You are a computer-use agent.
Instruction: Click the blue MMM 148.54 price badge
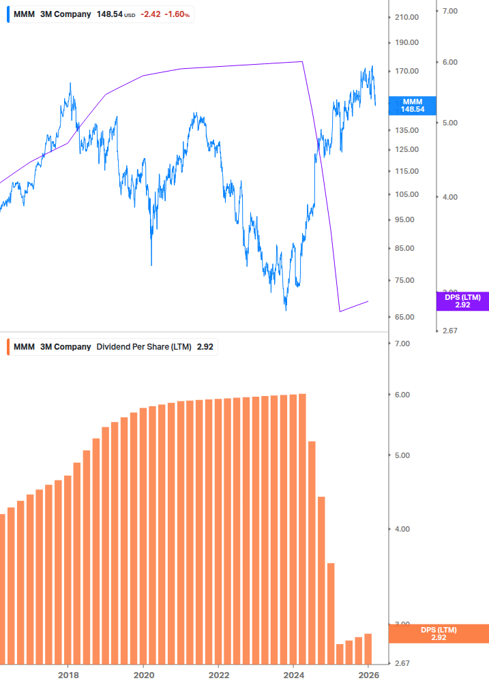412,105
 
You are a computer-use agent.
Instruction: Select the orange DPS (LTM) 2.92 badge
438,633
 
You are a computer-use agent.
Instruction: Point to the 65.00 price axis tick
404,317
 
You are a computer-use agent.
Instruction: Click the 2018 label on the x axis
68,675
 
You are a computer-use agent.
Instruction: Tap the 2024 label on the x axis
293,675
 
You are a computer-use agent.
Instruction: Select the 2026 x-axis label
368,675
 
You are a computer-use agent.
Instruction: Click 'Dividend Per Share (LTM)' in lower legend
144,346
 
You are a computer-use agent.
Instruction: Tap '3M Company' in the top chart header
65,14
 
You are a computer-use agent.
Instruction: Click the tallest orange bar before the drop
302,528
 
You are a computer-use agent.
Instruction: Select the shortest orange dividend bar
340,653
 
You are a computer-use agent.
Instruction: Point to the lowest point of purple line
340,311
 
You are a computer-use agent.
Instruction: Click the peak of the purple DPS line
302,61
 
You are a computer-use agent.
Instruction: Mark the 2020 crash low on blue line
151,264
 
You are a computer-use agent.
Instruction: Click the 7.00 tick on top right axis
449,11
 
